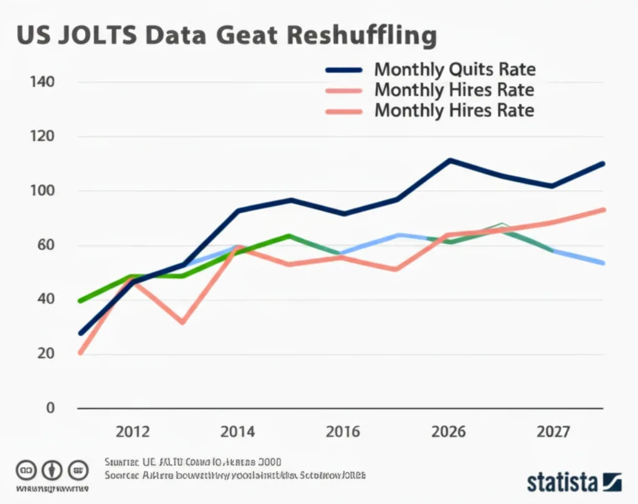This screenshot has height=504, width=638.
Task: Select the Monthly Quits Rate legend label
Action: [x=455, y=70]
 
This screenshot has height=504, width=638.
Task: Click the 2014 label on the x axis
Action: [x=237, y=431]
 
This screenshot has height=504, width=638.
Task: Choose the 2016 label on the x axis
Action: [x=343, y=431]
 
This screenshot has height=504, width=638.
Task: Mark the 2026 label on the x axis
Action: [x=449, y=431]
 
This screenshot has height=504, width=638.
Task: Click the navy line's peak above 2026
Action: [x=449, y=161]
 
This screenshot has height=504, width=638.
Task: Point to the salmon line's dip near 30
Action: [x=182, y=322]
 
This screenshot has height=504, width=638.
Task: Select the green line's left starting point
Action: [x=79, y=301]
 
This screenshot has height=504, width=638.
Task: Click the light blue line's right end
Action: [x=602, y=263]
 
